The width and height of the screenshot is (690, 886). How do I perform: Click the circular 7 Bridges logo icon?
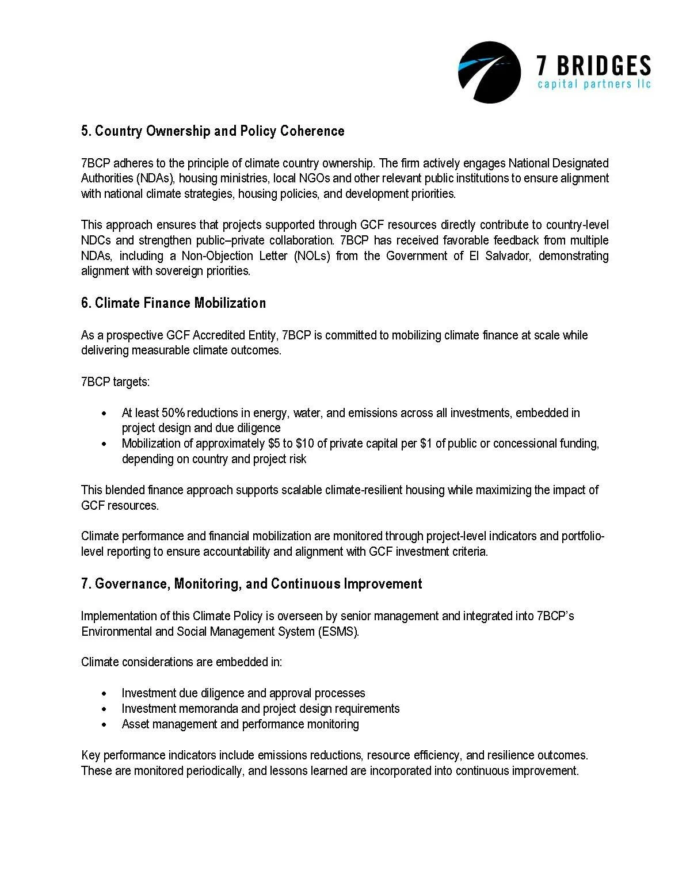489,72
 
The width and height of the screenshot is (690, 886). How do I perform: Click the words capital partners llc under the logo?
593,85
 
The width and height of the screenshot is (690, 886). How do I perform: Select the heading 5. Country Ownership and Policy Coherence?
212,131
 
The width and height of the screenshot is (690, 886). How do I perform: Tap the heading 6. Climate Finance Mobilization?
173,303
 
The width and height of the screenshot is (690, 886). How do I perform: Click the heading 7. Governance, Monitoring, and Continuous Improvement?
251,584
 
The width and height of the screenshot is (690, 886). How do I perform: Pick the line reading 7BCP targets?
116,382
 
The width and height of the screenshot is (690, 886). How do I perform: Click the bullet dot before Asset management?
104,725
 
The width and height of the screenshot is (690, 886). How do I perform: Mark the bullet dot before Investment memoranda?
104,709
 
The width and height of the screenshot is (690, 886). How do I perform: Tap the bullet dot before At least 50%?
104,414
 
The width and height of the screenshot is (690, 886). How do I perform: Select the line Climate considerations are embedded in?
181,662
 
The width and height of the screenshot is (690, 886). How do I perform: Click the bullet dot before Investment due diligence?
104,694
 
